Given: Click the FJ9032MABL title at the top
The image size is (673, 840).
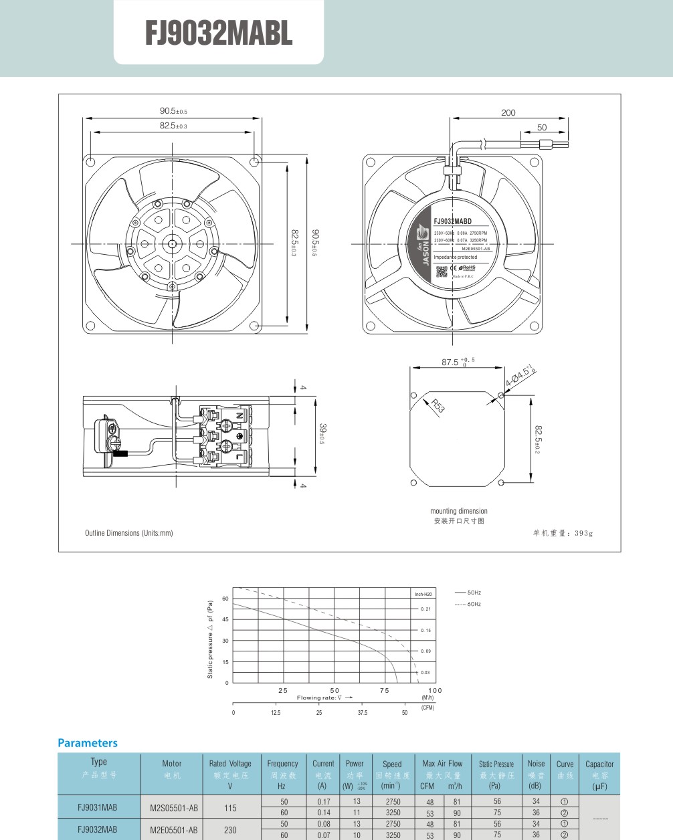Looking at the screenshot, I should [x=219, y=33].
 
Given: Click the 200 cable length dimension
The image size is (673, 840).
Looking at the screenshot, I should [x=508, y=112].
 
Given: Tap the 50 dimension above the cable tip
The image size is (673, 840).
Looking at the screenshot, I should [x=542, y=127].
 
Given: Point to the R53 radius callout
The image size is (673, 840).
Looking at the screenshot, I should [x=438, y=405].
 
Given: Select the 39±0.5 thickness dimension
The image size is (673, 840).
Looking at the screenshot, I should [x=322, y=434].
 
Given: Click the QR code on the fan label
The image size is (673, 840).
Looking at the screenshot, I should [x=442, y=271].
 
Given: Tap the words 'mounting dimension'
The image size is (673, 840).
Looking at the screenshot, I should [x=459, y=511].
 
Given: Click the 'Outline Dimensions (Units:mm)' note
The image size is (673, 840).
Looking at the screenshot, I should [x=128, y=533].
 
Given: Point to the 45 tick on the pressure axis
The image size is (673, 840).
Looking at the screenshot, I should [x=225, y=619].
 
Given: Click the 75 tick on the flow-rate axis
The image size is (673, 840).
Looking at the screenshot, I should [x=385, y=690].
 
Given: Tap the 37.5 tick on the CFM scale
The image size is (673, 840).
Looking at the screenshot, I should [x=362, y=713].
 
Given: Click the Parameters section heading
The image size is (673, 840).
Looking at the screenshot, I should [x=88, y=743].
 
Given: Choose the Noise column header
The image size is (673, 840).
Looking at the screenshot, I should [x=536, y=764].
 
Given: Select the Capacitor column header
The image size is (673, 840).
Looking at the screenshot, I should [x=599, y=764].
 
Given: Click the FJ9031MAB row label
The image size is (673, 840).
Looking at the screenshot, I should [x=98, y=807].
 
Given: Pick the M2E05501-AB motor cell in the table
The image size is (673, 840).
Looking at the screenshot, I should [x=174, y=830].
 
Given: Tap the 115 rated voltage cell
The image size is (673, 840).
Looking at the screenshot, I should [x=230, y=808].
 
